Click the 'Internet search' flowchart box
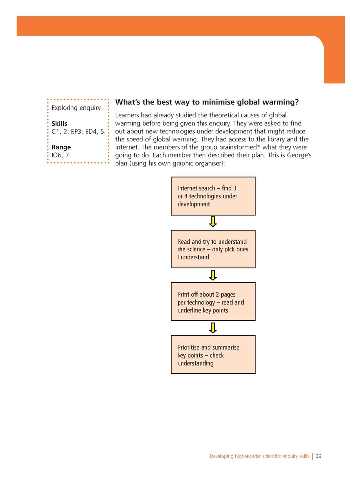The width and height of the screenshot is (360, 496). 213,196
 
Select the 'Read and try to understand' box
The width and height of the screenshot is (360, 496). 213,249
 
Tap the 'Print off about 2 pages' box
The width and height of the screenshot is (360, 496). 213,302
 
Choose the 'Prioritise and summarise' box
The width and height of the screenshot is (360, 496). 213,355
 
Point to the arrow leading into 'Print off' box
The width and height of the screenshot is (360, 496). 213,275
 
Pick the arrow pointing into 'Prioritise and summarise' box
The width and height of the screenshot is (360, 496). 213,328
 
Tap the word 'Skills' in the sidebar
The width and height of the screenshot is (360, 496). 59,123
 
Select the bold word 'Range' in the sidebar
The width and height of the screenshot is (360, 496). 61,147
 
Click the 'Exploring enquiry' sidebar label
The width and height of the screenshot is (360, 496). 76,108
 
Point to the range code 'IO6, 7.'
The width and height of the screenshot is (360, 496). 62,155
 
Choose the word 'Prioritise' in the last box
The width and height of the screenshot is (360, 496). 190,347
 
